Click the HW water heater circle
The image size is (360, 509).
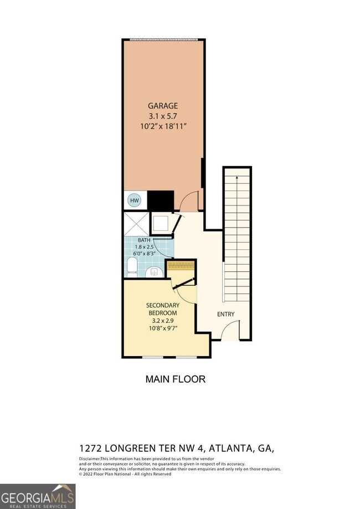[135, 200]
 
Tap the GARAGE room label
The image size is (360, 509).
[163, 105]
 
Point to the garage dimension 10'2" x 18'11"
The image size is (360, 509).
[163, 126]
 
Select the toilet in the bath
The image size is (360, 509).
[132, 268]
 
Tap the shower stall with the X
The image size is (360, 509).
[136, 224]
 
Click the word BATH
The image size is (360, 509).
[145, 240]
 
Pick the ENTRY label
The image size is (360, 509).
[225, 314]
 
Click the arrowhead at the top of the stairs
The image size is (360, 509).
[237, 178]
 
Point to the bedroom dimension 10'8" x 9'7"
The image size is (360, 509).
[162, 328]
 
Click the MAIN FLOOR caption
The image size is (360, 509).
[176, 379]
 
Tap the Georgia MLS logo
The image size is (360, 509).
[37, 496]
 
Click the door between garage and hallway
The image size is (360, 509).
[190, 202]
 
